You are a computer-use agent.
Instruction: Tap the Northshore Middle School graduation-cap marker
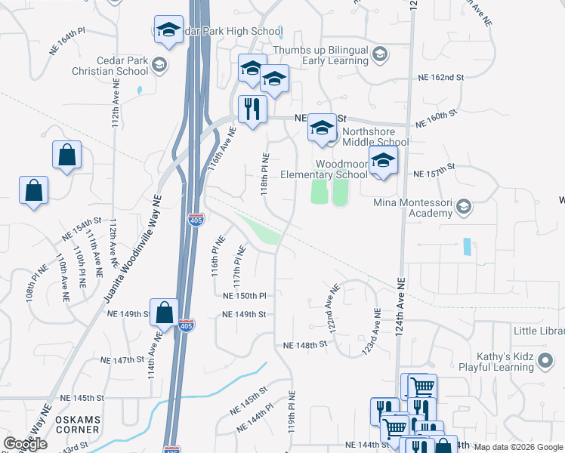[x=322, y=129]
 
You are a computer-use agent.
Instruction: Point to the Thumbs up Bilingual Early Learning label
[x=321, y=55]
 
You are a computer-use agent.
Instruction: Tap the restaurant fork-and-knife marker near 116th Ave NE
[x=250, y=109]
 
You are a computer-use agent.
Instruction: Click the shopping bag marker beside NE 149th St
[x=164, y=313]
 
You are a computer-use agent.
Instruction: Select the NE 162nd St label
[x=441, y=78]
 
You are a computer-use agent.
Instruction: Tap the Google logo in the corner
[x=25, y=443]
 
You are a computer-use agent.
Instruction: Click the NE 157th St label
[x=434, y=173]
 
